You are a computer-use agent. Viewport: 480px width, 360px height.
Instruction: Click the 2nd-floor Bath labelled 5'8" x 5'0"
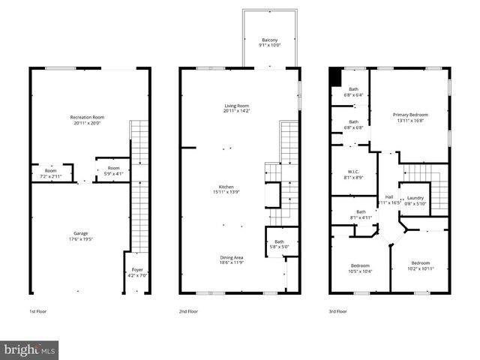[x=279, y=244]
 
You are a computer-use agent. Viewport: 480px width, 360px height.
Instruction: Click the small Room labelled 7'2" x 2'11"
[x=51, y=173]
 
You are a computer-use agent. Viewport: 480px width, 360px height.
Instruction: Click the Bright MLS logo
[x=30, y=349]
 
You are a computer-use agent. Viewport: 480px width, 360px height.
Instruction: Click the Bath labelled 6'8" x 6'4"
[x=353, y=92]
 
